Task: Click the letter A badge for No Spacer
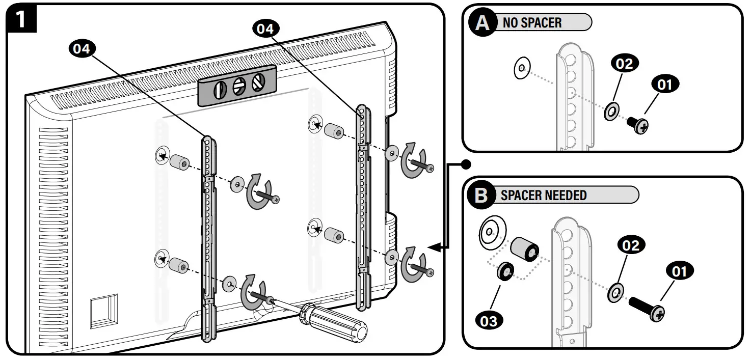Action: [x=481, y=23]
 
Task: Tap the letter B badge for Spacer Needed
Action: [x=480, y=196]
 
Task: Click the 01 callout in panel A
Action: [x=664, y=85]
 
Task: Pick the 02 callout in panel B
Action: [x=630, y=246]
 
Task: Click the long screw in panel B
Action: [x=647, y=308]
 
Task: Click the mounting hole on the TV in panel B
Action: [x=489, y=232]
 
